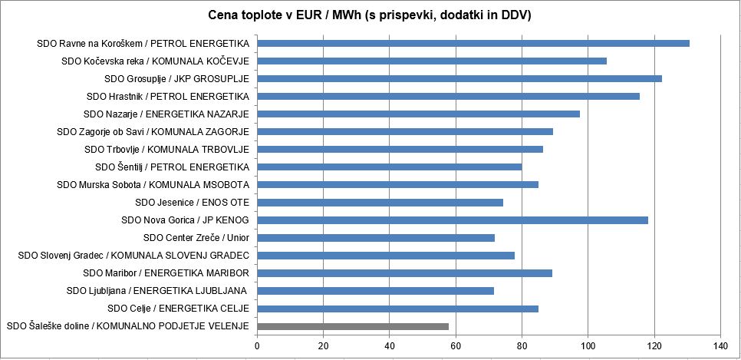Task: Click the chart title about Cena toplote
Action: [370, 15]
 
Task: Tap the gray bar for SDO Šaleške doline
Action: [353, 326]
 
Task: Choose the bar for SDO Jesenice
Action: [380, 203]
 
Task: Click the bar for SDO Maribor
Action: [404, 273]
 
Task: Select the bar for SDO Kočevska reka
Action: [432, 61]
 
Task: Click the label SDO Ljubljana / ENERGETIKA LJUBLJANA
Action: [156, 291]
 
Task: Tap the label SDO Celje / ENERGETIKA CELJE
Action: [179, 309]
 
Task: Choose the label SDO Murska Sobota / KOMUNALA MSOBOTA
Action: [153, 185]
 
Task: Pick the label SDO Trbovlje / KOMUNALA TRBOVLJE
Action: [166, 150]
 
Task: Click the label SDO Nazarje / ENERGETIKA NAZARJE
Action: [168, 114]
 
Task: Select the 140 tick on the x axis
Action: [720, 345]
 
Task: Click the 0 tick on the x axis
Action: [258, 345]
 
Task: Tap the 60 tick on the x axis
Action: [456, 345]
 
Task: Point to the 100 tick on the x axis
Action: [588, 345]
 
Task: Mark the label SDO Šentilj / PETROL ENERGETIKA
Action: [173, 167]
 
